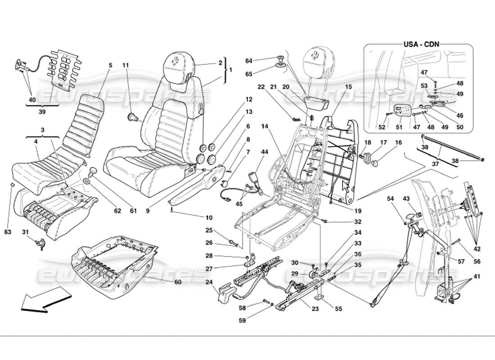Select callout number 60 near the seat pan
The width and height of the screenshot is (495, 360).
pyautogui.click(x=178, y=282)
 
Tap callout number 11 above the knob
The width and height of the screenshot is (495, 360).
pyautogui.click(x=126, y=65)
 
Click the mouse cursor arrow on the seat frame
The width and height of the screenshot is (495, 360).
pyautogui.click(x=346, y=186)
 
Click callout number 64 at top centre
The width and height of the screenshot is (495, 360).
pyautogui.click(x=249, y=61)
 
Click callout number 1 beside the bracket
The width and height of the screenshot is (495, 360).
pyautogui.click(x=231, y=70)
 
